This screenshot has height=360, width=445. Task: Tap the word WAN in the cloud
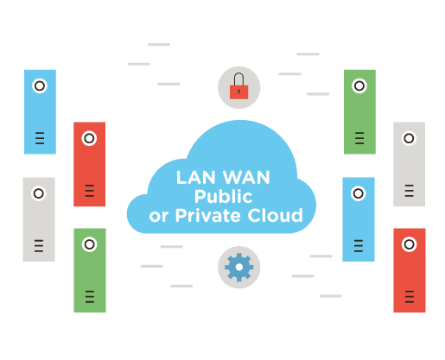click(x=247, y=177)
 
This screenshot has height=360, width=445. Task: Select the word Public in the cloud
click(x=223, y=197)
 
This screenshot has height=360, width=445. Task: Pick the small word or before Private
click(x=158, y=217)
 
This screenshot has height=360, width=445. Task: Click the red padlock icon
click(x=238, y=86)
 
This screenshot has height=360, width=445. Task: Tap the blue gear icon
click(x=238, y=268)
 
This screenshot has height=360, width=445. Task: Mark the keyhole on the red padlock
click(x=238, y=91)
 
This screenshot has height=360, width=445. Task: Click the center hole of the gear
click(x=238, y=268)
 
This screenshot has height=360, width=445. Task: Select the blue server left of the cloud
click(x=40, y=111)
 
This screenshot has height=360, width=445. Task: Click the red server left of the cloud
click(x=89, y=164)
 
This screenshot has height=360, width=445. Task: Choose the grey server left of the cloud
click(x=39, y=218)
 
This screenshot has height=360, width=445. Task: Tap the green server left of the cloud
click(x=90, y=269)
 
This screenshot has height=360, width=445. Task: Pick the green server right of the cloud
click(x=359, y=111)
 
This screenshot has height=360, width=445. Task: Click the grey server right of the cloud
click(x=409, y=164)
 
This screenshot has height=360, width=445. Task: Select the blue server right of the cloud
click(x=358, y=218)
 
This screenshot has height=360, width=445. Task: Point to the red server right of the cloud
click(x=409, y=269)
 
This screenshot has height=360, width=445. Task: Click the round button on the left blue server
click(x=40, y=85)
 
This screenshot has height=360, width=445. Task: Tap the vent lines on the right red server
click(x=409, y=297)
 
